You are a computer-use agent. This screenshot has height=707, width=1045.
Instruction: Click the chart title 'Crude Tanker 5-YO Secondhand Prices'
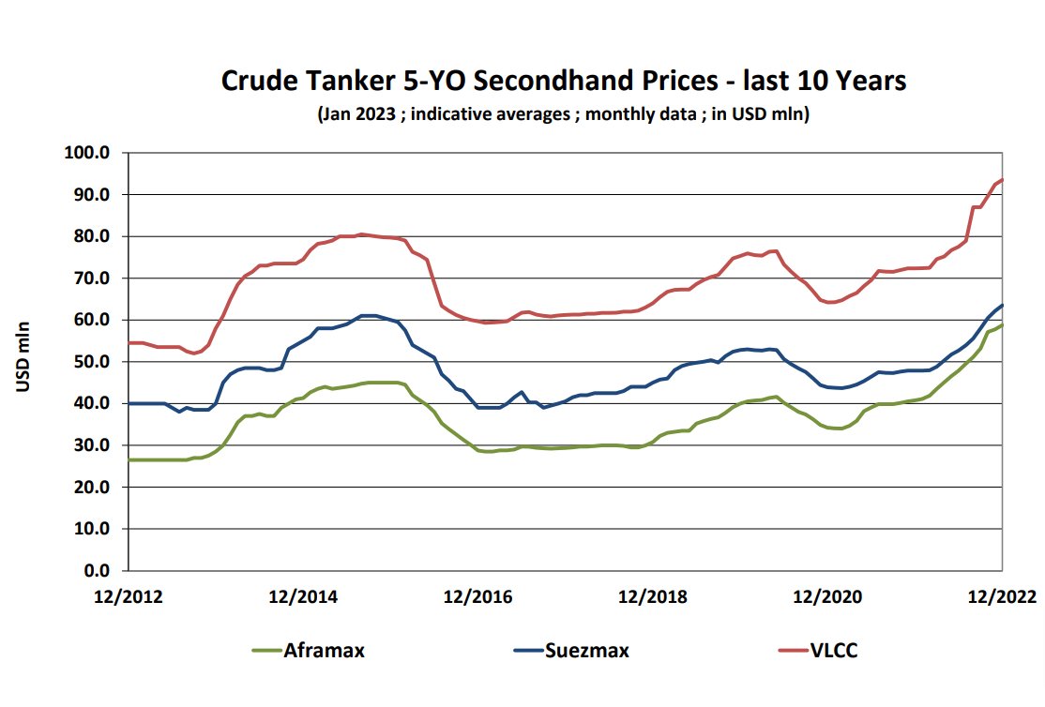pos(563,81)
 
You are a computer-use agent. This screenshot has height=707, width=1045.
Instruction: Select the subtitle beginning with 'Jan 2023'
pos(563,115)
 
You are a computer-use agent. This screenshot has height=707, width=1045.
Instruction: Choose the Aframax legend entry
pos(309,650)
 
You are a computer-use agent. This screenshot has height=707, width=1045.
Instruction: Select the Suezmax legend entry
pos(571,650)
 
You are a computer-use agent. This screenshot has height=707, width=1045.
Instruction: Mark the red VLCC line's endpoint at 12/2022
pos(1003,179)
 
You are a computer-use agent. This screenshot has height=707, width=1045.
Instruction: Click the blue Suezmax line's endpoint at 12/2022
pos(1003,305)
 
